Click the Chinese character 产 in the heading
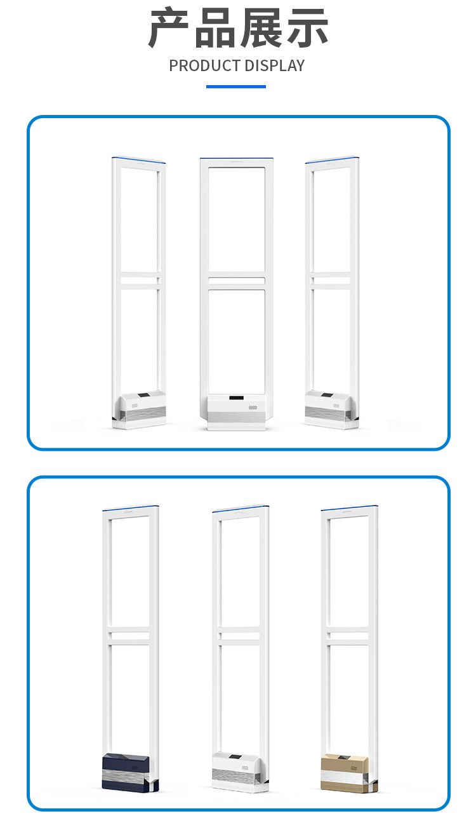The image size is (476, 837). pos(169,29)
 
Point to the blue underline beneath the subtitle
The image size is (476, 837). pos(236,87)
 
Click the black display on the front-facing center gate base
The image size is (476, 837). pos(236,398)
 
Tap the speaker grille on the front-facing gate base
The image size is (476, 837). pos(253,407)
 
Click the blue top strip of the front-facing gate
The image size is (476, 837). pos(236,158)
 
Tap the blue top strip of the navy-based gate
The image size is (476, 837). pos(131,508)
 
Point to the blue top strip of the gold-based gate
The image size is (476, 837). pos(350,508)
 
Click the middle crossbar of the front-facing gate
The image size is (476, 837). pos(237,280)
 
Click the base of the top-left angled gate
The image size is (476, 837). pos(139,410)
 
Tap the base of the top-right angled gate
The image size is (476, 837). pos(332,410)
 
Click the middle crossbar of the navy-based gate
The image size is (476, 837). pos(129,636)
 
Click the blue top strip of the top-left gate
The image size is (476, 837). pos(138,159)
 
